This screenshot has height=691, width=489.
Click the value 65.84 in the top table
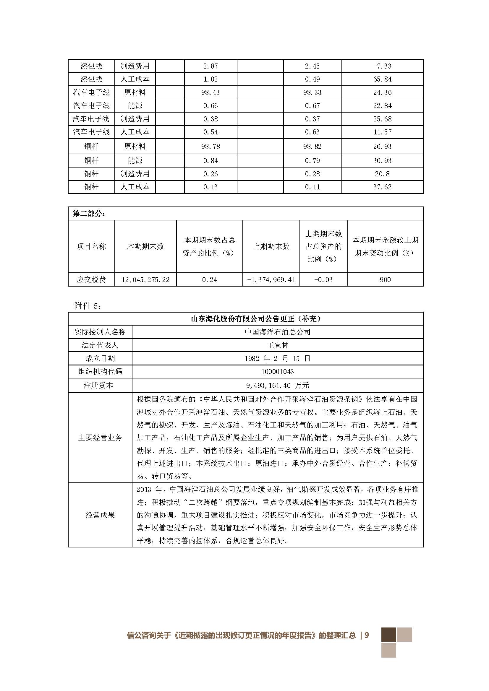[382, 79]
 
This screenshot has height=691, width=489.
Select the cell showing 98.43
[211, 92]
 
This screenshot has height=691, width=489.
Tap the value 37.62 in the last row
[382, 187]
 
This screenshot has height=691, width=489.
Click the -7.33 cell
[382, 66]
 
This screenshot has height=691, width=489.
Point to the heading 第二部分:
[89, 214]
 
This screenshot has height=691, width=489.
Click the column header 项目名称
[91, 246]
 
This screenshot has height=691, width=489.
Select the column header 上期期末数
[271, 246]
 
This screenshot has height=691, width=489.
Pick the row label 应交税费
[91, 279]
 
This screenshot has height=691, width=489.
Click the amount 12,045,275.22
[145, 279]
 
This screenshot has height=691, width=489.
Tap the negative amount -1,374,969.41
[271, 279]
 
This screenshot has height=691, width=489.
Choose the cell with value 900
[385, 279]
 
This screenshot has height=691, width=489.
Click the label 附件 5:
[88, 306]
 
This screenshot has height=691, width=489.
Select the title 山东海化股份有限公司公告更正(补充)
[256, 319]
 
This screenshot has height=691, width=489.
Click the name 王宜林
[277, 345]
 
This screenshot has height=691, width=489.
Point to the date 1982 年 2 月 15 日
[277, 358]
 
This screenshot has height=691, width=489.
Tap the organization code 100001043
[277, 372]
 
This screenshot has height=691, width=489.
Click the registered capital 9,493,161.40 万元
[277, 386]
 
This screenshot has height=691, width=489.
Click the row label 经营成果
[100, 515]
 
